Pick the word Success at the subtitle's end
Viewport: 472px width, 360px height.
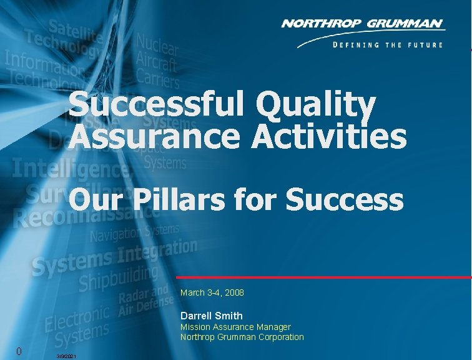coord(344,201)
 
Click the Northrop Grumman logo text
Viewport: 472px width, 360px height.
coord(363,24)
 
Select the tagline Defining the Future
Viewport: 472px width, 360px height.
coord(388,45)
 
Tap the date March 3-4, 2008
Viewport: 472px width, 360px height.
coord(212,292)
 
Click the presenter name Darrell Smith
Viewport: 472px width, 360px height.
coord(211,316)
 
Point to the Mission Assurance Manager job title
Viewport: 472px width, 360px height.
coord(235,327)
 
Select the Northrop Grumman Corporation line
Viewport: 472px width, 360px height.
coord(242,337)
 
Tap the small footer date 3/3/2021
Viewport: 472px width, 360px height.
coord(66,356)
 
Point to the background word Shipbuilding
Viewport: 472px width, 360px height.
coord(118,279)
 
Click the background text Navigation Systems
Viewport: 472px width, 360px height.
coord(134,234)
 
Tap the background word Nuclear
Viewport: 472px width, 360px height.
coord(157,46)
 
